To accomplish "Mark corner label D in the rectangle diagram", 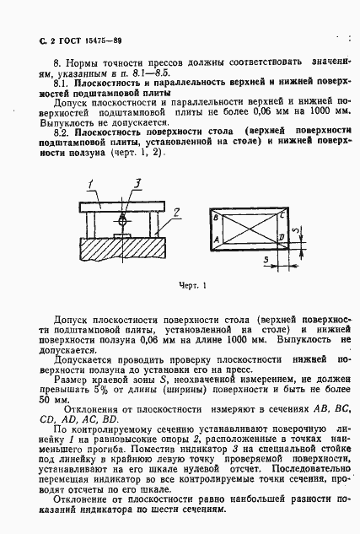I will tap(279, 240).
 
